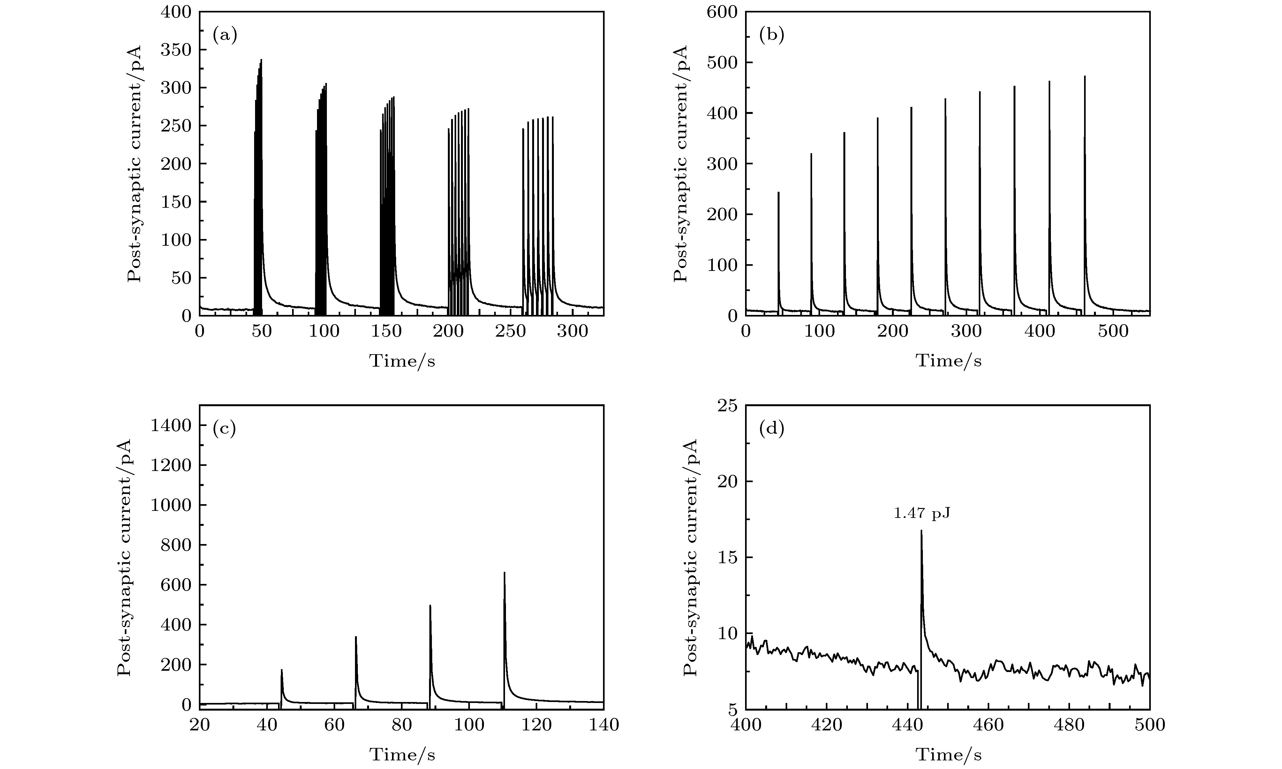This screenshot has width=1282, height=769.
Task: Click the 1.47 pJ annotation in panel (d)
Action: [922, 513]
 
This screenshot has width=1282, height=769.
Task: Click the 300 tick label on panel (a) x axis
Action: [572, 332]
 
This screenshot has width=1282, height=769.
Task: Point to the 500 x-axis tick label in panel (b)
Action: [1113, 332]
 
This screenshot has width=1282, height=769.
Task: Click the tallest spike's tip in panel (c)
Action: [504, 572]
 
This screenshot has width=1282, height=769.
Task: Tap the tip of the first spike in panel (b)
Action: [779, 192]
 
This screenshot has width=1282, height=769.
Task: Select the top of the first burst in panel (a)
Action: [261, 60]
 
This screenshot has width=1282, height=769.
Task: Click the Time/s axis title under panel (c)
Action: [402, 755]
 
